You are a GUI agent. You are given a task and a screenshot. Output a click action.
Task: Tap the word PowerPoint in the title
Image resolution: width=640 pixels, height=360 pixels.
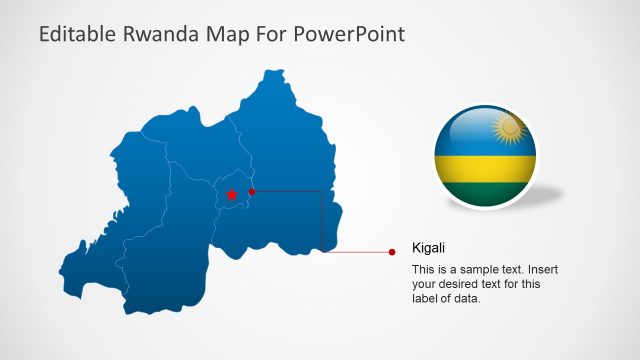pos(344,34)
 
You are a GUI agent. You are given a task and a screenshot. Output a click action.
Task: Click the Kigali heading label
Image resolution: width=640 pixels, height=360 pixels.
pos(428,248)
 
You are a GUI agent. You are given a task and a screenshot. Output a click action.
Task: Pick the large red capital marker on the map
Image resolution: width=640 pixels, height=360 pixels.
pos(231,195)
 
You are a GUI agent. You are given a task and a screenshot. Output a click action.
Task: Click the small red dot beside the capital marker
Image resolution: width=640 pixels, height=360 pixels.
pos(252,191)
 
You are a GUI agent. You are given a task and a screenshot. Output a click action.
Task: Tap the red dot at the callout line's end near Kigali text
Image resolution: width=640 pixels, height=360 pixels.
pos(392,252)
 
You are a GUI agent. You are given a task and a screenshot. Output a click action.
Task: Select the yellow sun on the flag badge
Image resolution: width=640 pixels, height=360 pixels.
pos(510,128)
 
